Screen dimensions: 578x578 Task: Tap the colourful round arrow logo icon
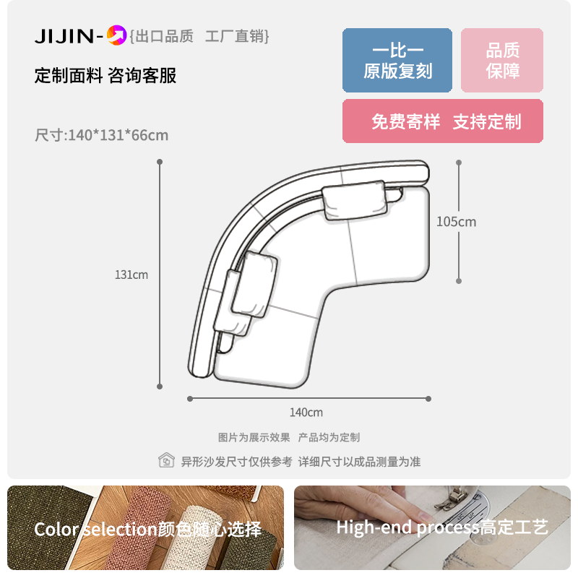[x=116, y=35]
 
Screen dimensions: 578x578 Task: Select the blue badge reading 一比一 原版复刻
[x=397, y=60]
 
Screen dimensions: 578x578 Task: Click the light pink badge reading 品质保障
[x=501, y=60]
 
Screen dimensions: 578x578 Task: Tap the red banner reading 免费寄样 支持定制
[x=442, y=121]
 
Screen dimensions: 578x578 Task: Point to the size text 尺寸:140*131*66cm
[x=101, y=135]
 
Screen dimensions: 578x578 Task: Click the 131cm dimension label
[x=131, y=275]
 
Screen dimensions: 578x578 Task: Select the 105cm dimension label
[x=457, y=222]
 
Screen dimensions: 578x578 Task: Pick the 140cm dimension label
[x=306, y=412]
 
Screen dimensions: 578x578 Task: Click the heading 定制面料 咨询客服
[x=105, y=76]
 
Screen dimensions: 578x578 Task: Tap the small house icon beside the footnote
[x=166, y=460]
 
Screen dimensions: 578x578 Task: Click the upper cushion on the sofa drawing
[x=355, y=200]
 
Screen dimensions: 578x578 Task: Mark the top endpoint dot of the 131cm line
[x=160, y=162]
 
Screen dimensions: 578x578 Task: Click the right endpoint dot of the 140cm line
[x=428, y=399]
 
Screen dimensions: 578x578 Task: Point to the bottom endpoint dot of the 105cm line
[x=459, y=281]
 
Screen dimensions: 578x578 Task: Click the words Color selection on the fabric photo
[x=96, y=530]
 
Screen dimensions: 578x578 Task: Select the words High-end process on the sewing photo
[x=408, y=527]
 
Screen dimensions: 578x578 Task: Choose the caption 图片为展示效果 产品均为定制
[x=288, y=438]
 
